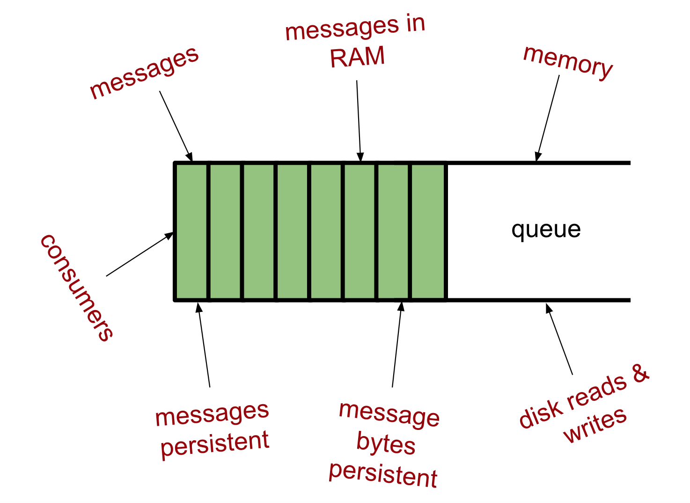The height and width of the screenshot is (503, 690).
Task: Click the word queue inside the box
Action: point(546,230)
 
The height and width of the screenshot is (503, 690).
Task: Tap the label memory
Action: point(568,63)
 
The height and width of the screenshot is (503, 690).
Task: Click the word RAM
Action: point(357,57)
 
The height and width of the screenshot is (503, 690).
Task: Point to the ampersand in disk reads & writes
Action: point(640,373)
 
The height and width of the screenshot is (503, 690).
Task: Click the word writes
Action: point(595,424)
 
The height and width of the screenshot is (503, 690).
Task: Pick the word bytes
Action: point(386,443)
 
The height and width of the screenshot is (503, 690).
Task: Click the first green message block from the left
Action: point(191,231)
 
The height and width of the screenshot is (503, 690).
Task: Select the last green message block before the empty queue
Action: point(428,231)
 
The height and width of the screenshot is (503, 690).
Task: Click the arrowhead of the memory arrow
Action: point(538,156)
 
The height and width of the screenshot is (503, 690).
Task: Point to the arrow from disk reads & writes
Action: point(559,339)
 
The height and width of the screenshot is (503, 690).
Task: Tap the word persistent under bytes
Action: point(383,474)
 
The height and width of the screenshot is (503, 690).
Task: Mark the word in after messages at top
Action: point(415,24)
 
